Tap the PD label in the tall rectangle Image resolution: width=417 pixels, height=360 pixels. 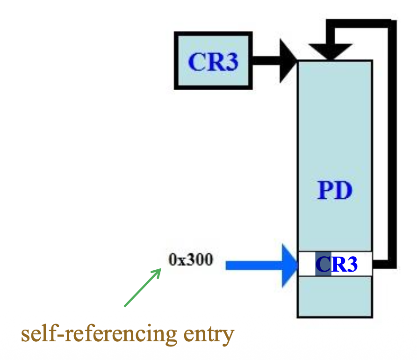[x=335, y=191]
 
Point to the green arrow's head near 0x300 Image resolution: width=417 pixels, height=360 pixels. [x=158, y=271]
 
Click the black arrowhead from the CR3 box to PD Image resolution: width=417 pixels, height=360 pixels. [x=288, y=61]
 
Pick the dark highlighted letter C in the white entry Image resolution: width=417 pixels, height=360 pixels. [x=323, y=265]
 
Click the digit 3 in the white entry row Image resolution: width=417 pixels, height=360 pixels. [x=351, y=265]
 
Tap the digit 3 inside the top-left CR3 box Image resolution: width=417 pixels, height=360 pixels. [x=230, y=62]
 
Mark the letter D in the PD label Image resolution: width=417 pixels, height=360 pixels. [x=344, y=191]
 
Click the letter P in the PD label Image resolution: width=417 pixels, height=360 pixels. [x=326, y=191]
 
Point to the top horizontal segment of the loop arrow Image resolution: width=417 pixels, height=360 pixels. [x=360, y=23]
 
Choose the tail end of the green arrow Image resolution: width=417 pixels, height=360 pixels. [x=125, y=306]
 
